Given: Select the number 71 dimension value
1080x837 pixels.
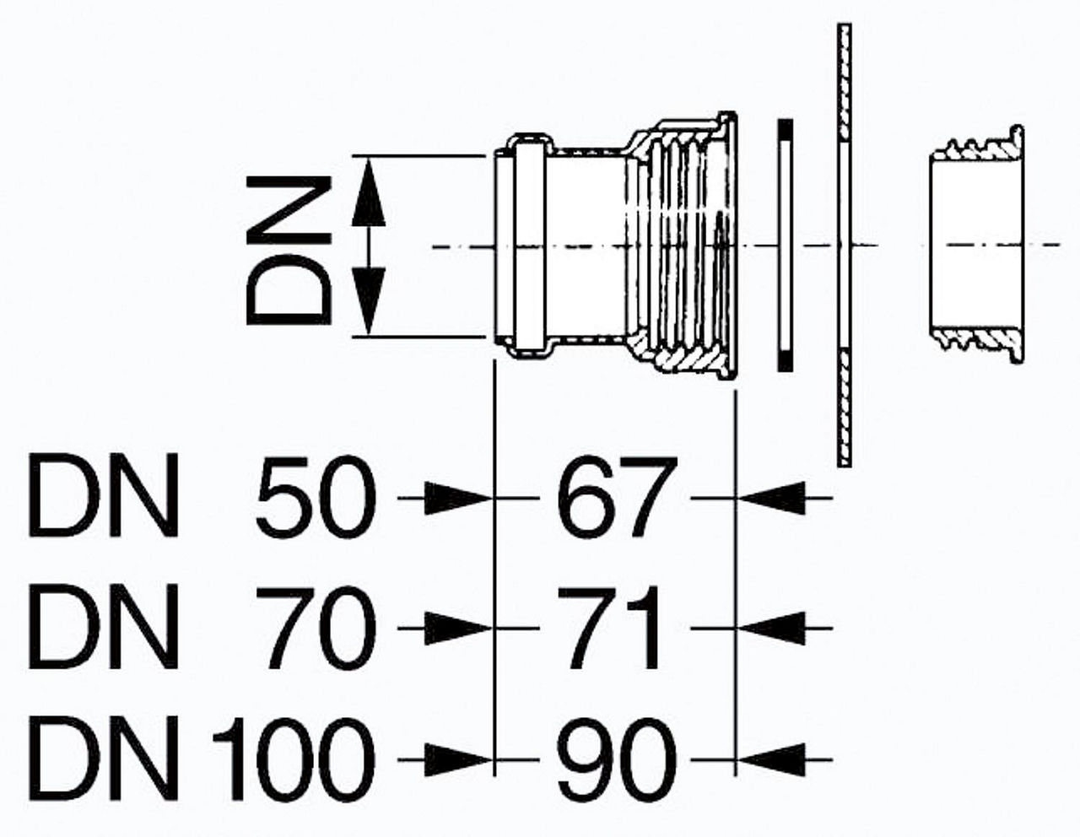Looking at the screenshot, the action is point(609,629).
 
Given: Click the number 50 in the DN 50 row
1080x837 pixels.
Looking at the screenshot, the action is point(315,497).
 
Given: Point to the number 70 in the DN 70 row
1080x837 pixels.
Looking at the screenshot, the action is point(315,629).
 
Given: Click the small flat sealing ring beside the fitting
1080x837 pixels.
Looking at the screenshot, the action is point(786,245).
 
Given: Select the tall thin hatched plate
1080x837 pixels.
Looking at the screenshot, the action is point(844,245).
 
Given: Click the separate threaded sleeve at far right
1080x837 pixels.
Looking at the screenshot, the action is point(976,245).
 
